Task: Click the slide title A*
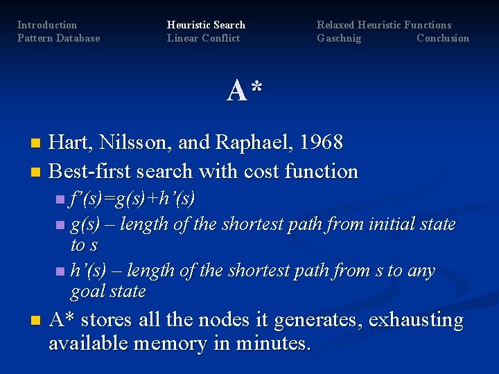(x=245, y=91)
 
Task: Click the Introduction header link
(x=47, y=25)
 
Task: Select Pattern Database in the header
(x=58, y=38)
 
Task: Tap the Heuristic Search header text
(x=206, y=25)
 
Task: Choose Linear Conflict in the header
(x=203, y=38)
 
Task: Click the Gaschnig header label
(x=339, y=38)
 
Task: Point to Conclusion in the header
(x=442, y=38)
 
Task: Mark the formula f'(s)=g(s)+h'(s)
(x=132, y=200)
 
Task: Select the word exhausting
(x=416, y=321)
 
